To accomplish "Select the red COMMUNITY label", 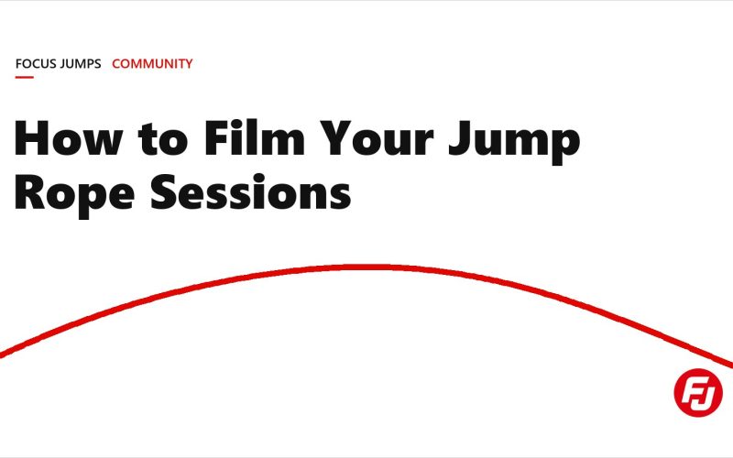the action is tap(152, 63).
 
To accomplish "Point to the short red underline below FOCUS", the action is tap(25, 77).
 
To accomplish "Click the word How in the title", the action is tap(69, 138).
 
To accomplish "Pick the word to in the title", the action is tap(163, 139).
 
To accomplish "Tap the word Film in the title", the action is tap(255, 138).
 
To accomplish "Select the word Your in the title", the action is tap(377, 138).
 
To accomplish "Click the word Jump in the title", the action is tap(514, 142).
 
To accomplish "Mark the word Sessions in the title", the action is tap(250, 191).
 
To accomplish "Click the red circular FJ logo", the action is tap(698, 392).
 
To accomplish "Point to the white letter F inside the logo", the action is tap(691, 392).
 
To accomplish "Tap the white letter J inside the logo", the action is tap(706, 394).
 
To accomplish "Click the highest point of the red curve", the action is tap(369, 267).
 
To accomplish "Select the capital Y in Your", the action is tap(335, 138).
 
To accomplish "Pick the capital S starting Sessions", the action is tap(163, 191).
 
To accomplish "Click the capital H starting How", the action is tap(32, 138).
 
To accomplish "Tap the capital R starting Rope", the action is tap(31, 192).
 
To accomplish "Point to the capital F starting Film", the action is tap(216, 138).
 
